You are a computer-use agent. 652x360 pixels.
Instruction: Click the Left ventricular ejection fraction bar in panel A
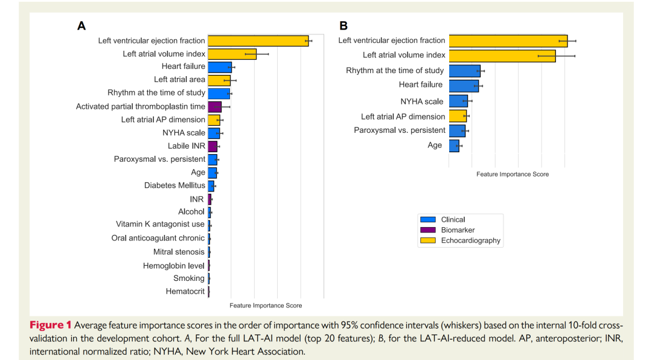258,41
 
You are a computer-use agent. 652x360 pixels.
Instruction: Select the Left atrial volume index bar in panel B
502,56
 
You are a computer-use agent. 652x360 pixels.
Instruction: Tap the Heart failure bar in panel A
220,67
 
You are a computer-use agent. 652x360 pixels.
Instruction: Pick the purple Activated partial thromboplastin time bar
214,107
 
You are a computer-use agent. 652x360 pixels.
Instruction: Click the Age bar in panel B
454,146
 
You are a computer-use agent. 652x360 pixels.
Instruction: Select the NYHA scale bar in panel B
458,101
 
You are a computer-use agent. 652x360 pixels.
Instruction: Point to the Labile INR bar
213,146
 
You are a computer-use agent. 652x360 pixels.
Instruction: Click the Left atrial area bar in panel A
219,80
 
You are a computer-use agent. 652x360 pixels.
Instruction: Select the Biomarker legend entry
458,230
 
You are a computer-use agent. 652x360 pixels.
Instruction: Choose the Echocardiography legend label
470,240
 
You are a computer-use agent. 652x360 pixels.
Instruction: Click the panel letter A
81,26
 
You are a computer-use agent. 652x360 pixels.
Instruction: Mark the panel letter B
344,26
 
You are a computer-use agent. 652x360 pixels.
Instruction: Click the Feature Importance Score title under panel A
266,306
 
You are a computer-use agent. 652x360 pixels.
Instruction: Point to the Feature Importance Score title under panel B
513,174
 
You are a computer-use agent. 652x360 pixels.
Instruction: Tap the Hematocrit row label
185,292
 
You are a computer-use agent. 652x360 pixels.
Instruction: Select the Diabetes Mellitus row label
174,185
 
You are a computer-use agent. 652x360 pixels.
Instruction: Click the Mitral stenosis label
179,252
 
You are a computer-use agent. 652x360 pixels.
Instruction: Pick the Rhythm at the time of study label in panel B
395,71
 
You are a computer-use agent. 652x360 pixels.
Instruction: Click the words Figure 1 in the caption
50,326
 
